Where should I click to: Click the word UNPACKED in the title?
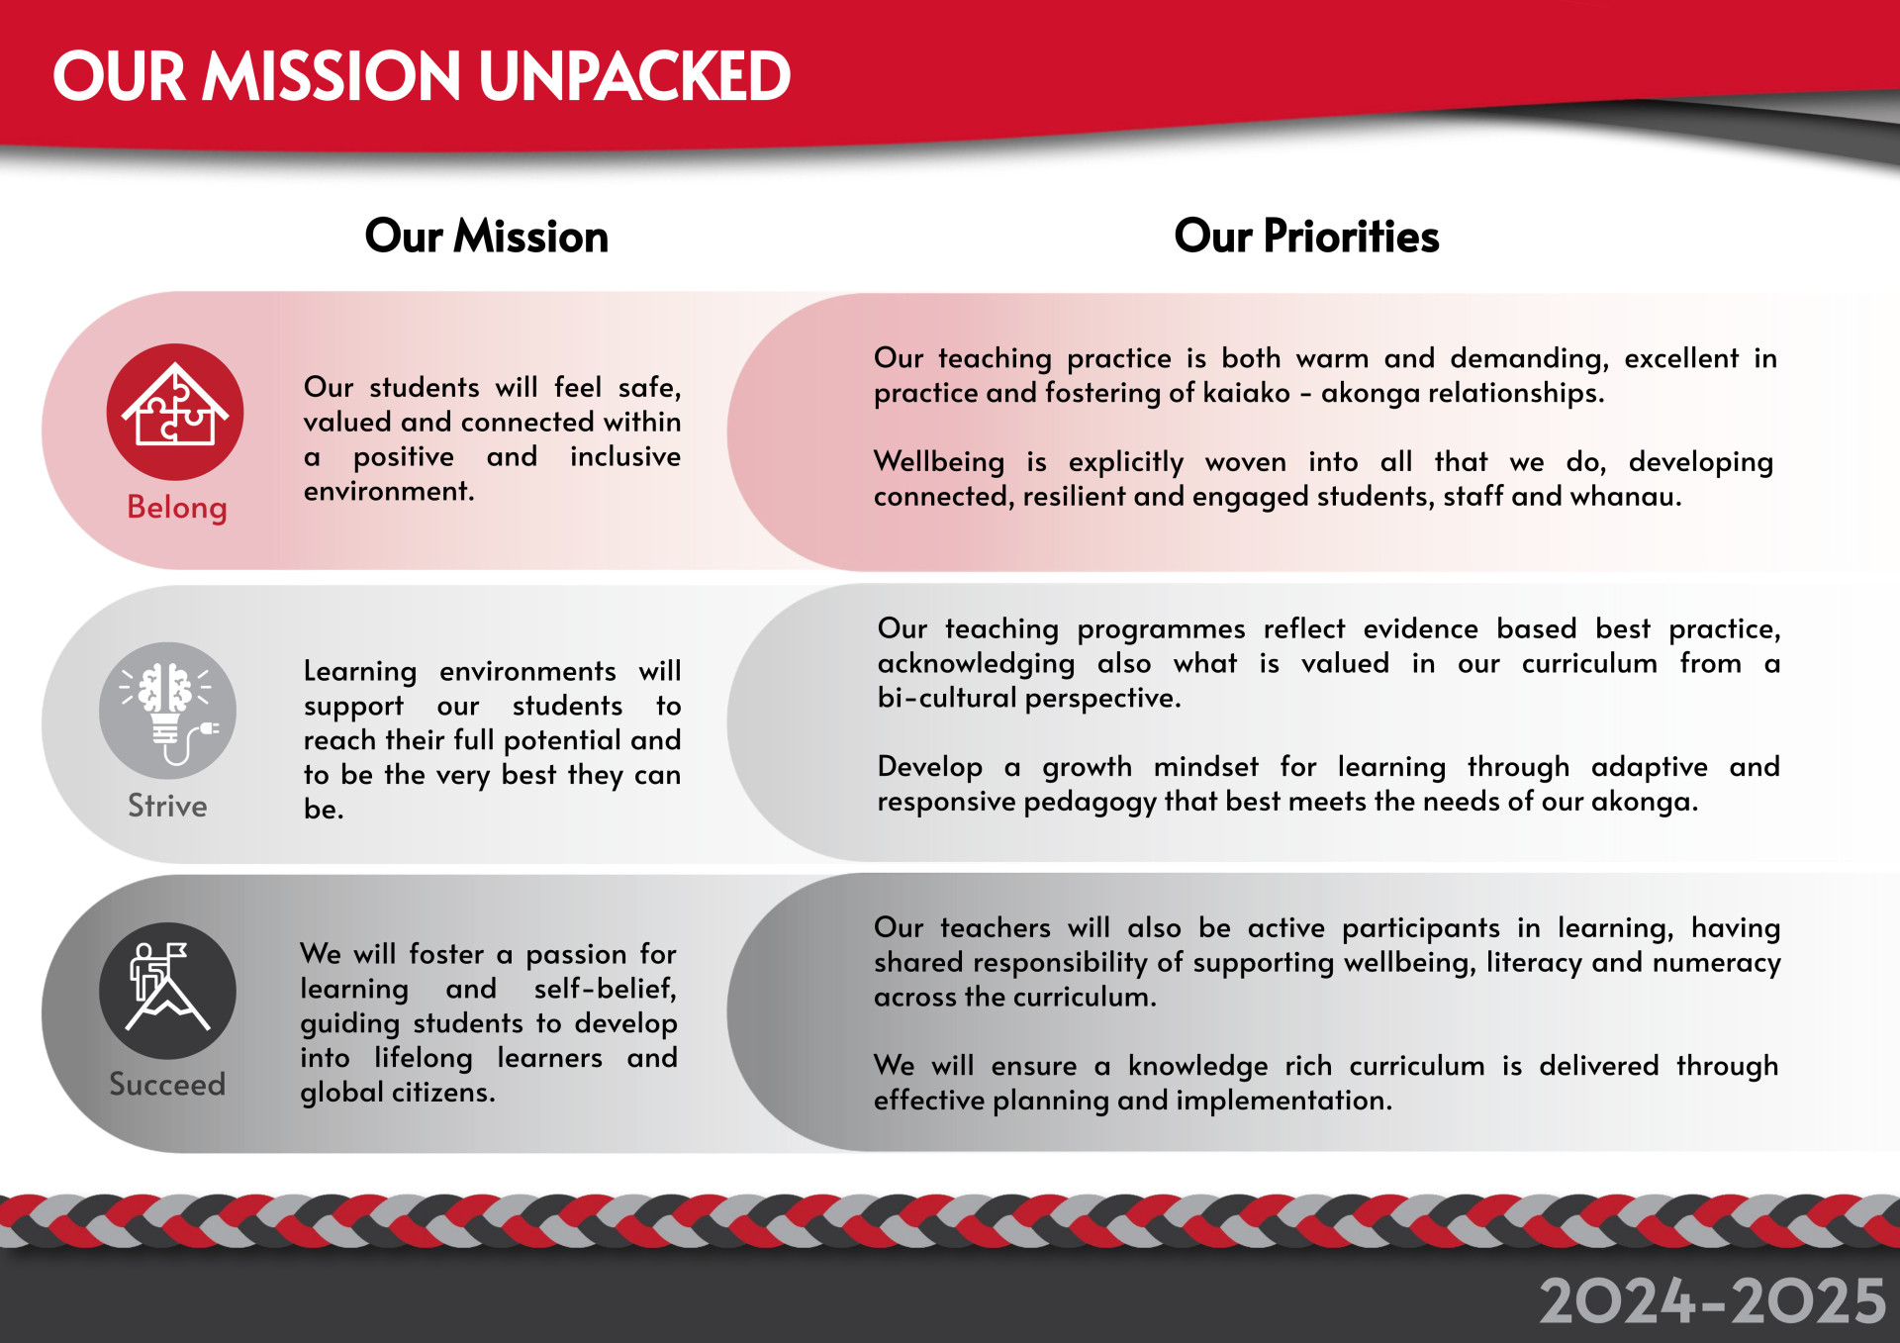click(634, 76)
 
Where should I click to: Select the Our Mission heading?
click(487, 237)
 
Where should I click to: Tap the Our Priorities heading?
click(1306, 237)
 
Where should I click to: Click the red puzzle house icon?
click(175, 412)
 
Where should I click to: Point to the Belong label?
click(177, 508)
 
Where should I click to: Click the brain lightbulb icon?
click(168, 711)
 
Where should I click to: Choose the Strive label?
click(167, 806)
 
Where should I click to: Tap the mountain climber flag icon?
click(168, 991)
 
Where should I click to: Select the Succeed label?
click(167, 1085)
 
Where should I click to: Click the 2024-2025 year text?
click(1713, 1300)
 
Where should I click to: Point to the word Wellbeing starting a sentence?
click(939, 463)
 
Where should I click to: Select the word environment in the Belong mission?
click(389, 492)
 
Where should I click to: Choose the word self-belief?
click(606, 989)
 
